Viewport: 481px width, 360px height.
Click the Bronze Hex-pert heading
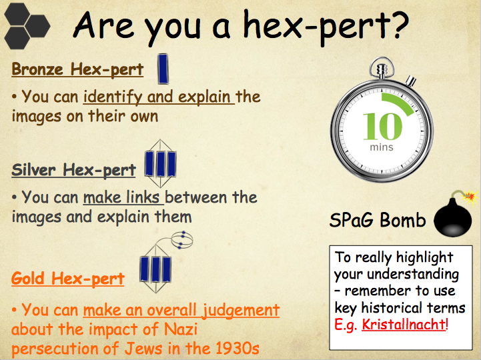coord(77,69)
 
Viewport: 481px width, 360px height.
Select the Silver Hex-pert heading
coord(73,170)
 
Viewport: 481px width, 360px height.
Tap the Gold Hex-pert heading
coord(68,279)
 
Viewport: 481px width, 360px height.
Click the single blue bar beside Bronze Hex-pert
coord(163,69)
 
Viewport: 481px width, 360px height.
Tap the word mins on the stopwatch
coord(382,147)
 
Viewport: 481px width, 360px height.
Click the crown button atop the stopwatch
coord(382,65)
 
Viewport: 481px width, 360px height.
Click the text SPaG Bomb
coord(378,221)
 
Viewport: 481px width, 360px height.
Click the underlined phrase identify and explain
coord(159,97)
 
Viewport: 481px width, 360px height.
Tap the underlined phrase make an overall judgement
coord(181,311)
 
